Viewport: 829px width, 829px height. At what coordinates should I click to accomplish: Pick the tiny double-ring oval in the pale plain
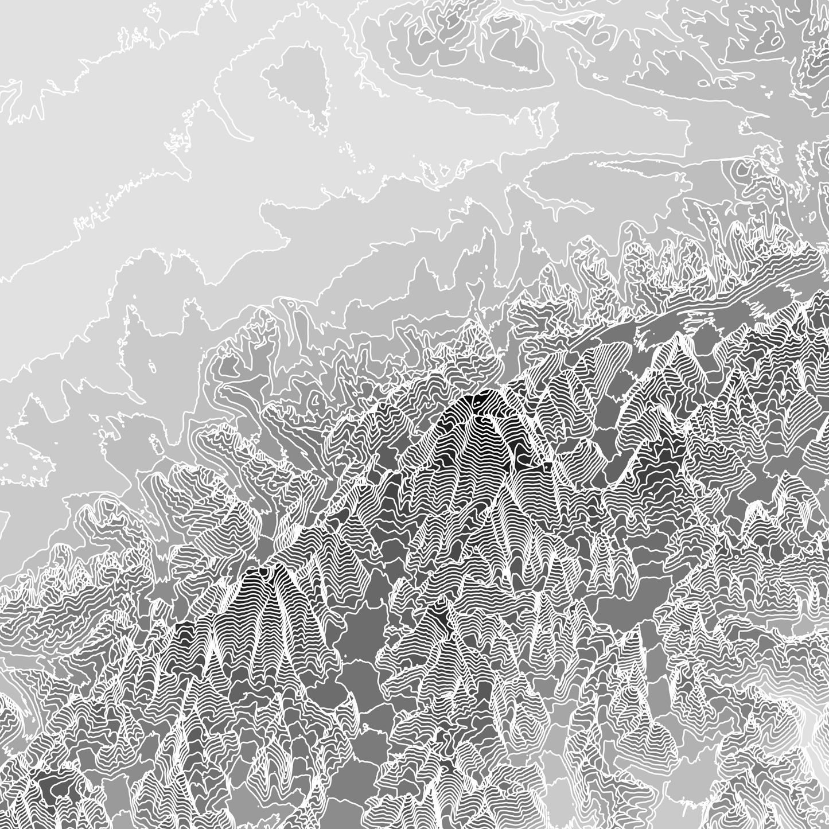click(x=151, y=364)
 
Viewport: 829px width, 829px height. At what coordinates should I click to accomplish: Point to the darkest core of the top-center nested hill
click(x=525, y=52)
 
